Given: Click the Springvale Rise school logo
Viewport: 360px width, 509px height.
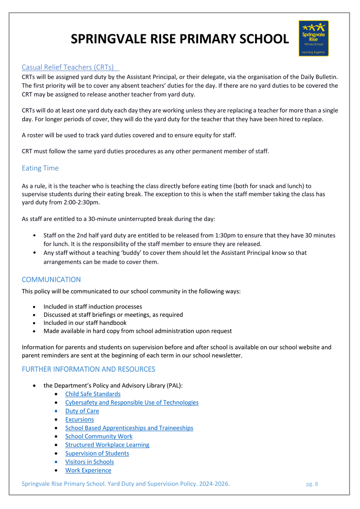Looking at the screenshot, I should coord(313,38).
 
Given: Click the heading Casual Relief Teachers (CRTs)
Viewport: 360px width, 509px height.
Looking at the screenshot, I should coord(68,67).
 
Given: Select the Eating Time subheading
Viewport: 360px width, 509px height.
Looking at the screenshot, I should coord(40,168).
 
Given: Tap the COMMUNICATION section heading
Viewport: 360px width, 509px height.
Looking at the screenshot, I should coord(51,280).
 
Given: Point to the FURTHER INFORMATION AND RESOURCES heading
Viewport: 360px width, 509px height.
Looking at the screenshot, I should coord(88,369).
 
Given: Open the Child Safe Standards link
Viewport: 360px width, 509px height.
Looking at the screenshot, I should coord(93,394).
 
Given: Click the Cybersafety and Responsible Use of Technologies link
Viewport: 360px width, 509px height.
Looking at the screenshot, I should coord(132,403).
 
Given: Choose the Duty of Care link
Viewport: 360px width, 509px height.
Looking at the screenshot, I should coord(82,411).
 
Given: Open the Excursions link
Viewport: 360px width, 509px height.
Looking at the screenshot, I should coord(80,420).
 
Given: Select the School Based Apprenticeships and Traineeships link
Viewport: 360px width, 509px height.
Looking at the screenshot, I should coord(129,428).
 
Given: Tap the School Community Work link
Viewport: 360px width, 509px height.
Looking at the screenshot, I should coord(99,436).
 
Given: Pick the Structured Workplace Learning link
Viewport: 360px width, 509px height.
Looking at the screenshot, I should coord(107,445).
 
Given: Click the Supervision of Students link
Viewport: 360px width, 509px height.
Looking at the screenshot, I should coord(97,453).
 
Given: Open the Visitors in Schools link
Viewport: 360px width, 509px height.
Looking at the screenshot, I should coord(89,462).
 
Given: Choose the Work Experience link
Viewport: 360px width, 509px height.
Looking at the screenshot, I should coord(88,470).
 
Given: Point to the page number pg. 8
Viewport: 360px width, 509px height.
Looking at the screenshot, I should coord(312,484).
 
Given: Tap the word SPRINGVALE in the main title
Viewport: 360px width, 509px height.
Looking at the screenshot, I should coord(112,39).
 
